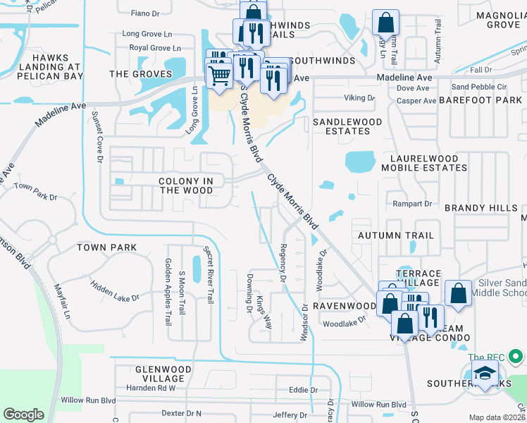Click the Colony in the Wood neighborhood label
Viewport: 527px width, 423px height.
coord(186,186)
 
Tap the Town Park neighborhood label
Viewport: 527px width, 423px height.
coord(106,247)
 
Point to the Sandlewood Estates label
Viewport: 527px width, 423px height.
coord(347,126)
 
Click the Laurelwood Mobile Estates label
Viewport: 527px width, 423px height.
coord(424,164)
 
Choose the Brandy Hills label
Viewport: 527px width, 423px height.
coord(480,208)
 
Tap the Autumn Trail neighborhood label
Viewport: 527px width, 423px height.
coord(396,235)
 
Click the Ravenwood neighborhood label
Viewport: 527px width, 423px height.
coord(345,307)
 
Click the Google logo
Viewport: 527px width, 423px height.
coord(23,415)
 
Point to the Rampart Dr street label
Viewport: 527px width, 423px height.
coord(414,204)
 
